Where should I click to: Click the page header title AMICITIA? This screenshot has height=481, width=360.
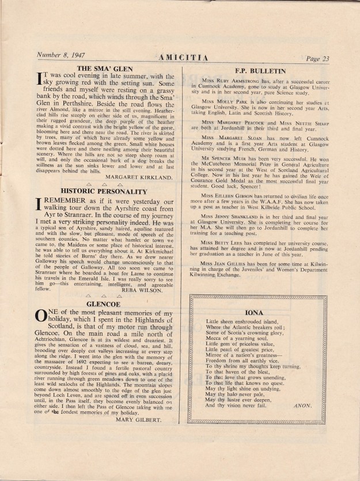pos(179,58)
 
